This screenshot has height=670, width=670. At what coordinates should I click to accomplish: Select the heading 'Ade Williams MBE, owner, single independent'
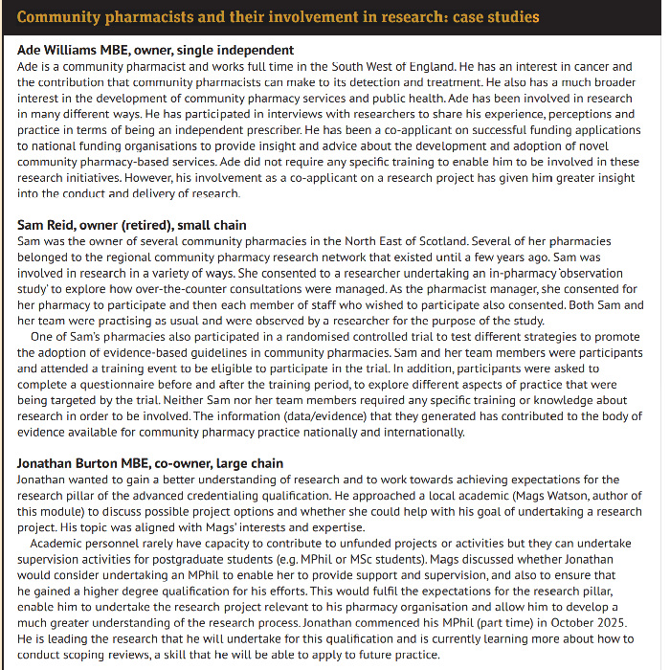[x=155, y=50]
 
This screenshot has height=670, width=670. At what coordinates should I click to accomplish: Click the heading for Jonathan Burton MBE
[x=150, y=463]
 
